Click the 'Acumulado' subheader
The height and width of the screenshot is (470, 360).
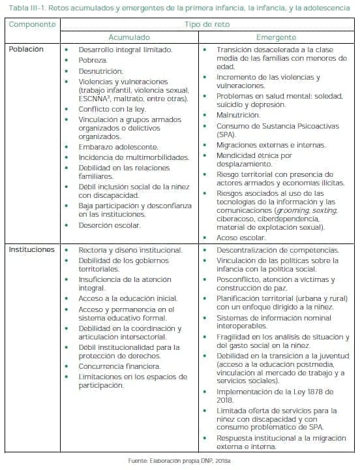[128, 37]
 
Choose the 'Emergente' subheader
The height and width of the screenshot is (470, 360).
[276, 37]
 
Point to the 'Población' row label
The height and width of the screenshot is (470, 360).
[27, 50]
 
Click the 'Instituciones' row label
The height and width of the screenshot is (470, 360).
[31, 250]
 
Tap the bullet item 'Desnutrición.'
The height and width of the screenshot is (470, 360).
[100, 71]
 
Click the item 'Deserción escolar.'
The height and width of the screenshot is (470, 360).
[110, 225]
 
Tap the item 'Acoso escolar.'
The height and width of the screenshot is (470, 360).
[241, 238]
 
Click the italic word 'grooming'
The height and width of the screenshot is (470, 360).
[294, 211]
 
